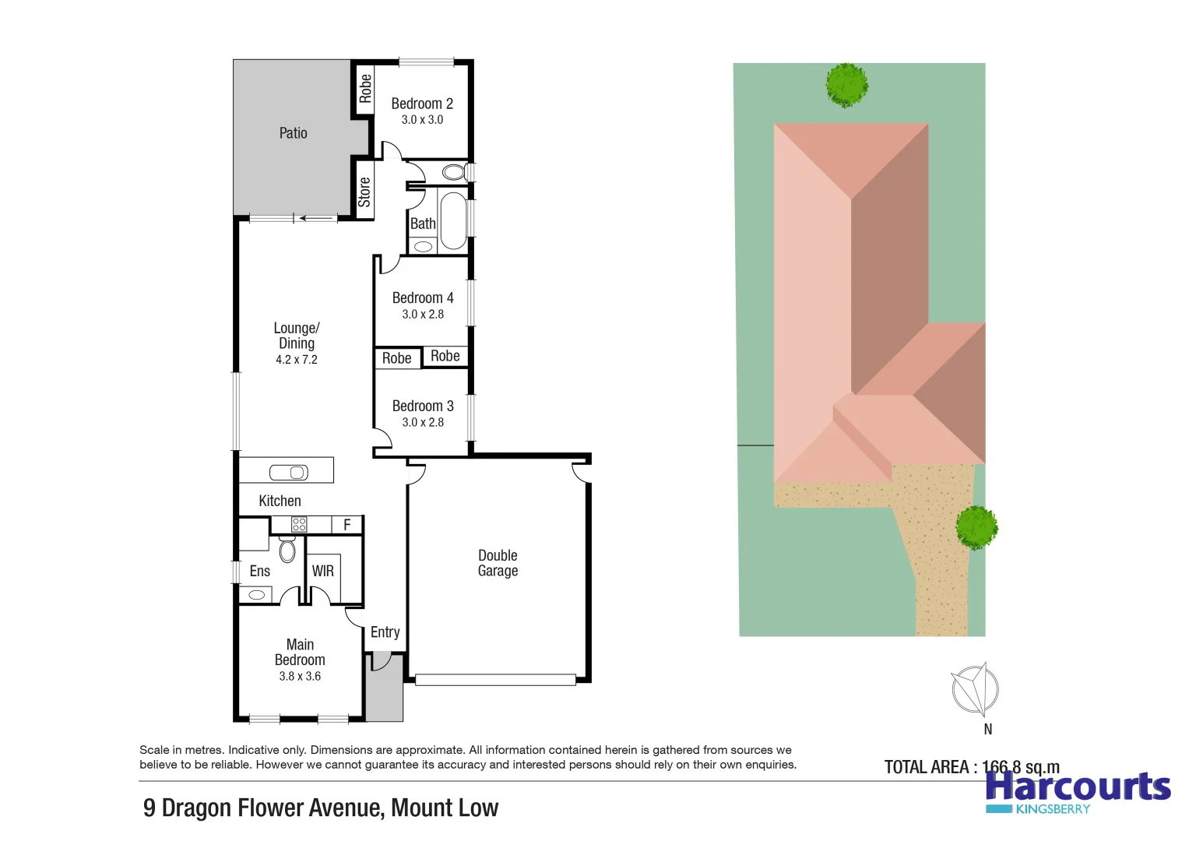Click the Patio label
(x=293, y=133)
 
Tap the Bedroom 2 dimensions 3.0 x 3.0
(x=422, y=120)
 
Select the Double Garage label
(x=498, y=563)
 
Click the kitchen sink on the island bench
(x=289, y=472)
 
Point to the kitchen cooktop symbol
(x=299, y=525)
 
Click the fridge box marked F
(x=346, y=525)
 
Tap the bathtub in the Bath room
(x=452, y=220)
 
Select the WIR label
(x=322, y=571)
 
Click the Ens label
(x=259, y=571)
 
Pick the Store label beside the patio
(x=364, y=192)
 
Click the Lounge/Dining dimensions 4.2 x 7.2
(x=297, y=360)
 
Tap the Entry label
(x=385, y=632)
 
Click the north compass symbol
(x=976, y=689)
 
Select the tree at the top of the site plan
(x=846, y=84)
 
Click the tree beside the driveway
(x=976, y=527)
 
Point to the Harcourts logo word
(x=1078, y=786)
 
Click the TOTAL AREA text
(x=972, y=767)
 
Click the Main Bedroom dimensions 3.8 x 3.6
(x=300, y=677)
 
